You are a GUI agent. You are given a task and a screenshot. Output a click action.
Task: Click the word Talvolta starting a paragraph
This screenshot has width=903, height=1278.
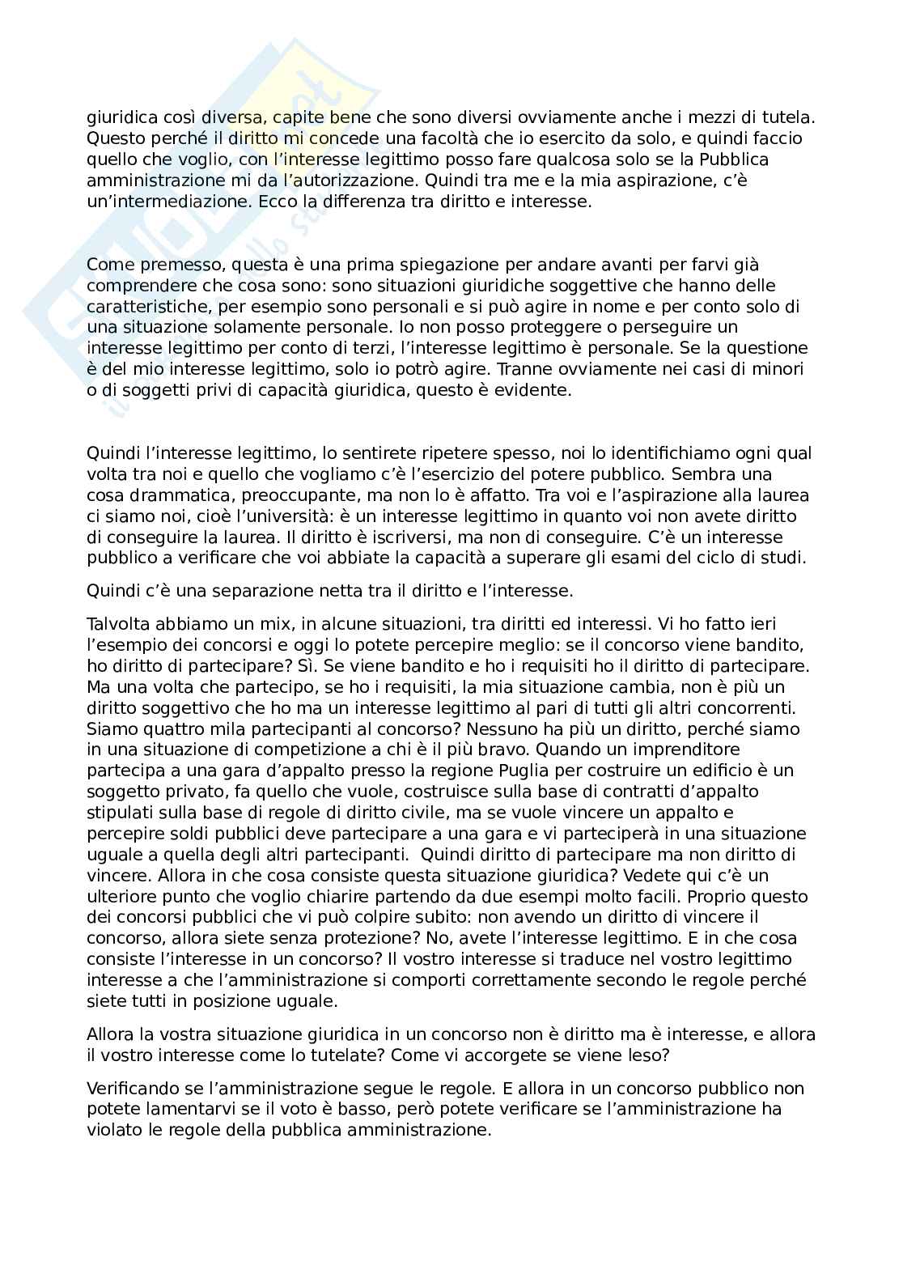(x=117, y=623)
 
